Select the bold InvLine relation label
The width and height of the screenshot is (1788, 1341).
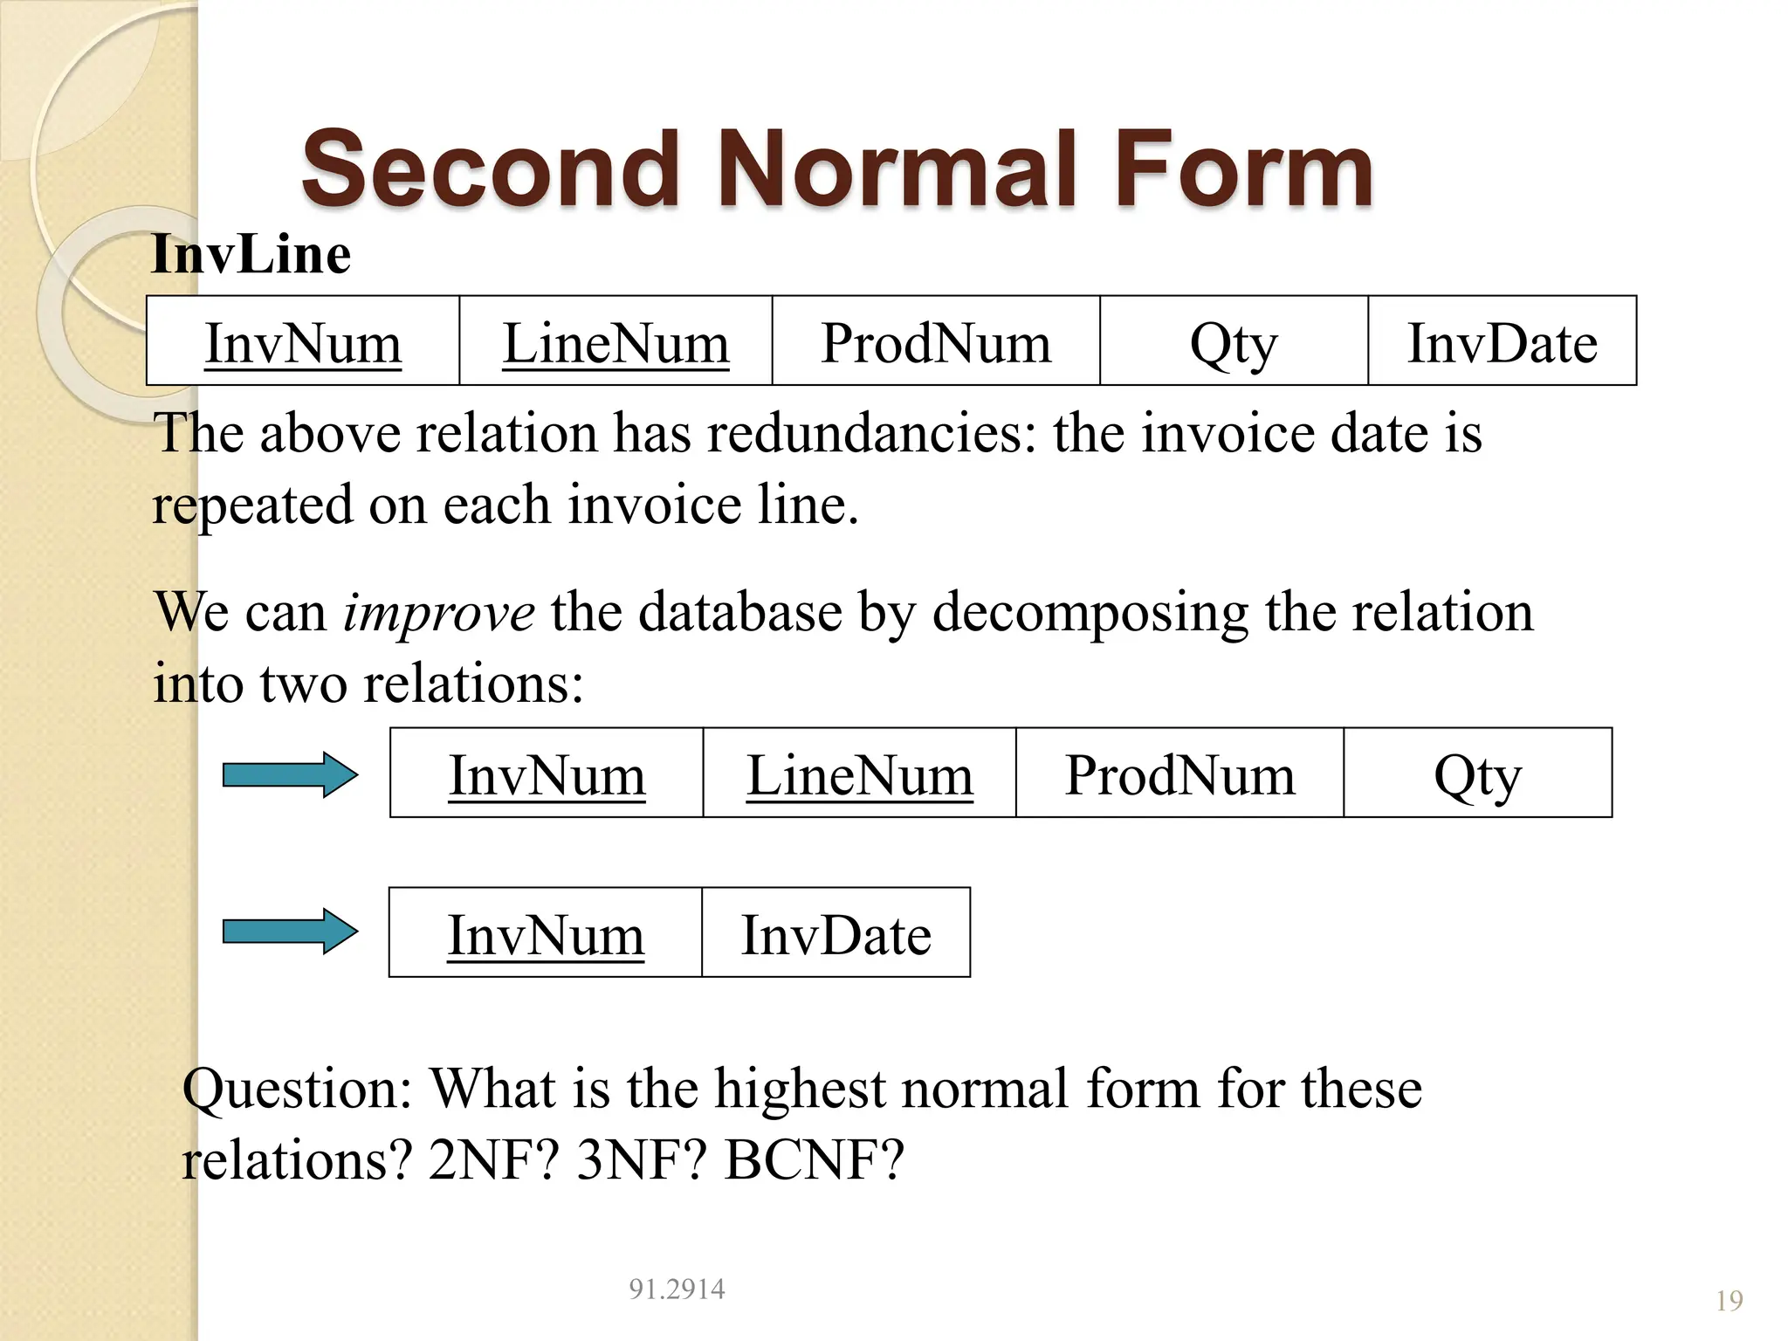point(251,255)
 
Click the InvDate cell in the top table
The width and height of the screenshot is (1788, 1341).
point(1502,342)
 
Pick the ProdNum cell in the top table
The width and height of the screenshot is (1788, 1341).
point(936,342)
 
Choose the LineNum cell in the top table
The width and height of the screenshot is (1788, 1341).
point(615,342)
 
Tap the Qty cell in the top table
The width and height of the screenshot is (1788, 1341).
point(1233,342)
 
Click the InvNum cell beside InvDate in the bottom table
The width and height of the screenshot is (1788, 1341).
point(546,934)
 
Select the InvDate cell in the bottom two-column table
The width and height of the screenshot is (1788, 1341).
point(836,934)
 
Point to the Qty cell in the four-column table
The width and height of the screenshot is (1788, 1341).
point(1477,774)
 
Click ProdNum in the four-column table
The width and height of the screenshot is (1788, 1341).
point(1179,774)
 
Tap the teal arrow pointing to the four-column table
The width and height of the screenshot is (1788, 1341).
point(290,774)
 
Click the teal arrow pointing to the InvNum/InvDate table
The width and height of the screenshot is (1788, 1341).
point(290,932)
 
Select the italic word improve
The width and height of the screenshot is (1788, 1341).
point(438,611)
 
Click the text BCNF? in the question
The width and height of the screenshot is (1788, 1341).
point(814,1160)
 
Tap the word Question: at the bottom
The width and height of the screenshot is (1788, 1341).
point(297,1089)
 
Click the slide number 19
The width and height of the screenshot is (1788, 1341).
point(1729,1301)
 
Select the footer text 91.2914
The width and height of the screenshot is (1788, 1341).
point(677,1289)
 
